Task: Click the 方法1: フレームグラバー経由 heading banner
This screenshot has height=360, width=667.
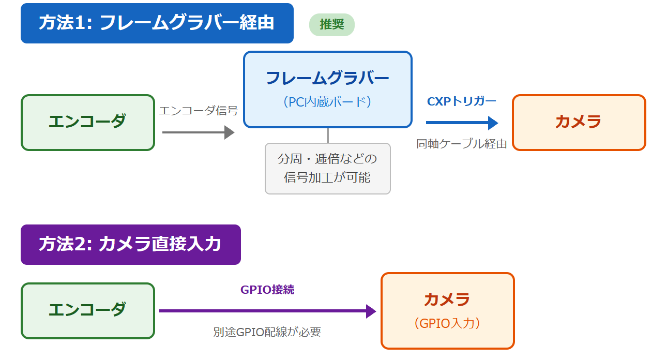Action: pyautogui.click(x=157, y=23)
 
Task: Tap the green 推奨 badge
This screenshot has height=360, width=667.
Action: pyautogui.click(x=331, y=25)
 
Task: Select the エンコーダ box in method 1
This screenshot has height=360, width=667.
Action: pyautogui.click(x=87, y=123)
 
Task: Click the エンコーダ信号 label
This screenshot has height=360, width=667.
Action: pyautogui.click(x=198, y=110)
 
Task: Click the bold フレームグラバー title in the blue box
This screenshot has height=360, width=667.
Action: pyautogui.click(x=327, y=78)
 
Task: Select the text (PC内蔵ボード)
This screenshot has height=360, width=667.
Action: pyautogui.click(x=327, y=101)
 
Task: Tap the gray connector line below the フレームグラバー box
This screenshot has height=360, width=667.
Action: pyautogui.click(x=328, y=135)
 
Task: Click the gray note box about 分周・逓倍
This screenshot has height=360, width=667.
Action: pyautogui.click(x=327, y=168)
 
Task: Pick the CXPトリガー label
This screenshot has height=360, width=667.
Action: pyautogui.click(x=461, y=101)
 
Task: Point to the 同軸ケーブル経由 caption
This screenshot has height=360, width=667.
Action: pyautogui.click(x=461, y=144)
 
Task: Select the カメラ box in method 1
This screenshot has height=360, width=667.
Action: pyautogui.click(x=579, y=123)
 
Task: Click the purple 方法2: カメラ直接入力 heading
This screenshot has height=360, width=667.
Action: pyautogui.click(x=130, y=245)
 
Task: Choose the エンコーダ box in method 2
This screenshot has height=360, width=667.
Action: pyautogui.click(x=87, y=310)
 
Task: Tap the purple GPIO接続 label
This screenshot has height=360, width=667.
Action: pyautogui.click(x=267, y=290)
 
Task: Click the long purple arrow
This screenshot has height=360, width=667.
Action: pyautogui.click(x=267, y=311)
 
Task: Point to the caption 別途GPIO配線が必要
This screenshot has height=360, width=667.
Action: pyautogui.click(x=267, y=332)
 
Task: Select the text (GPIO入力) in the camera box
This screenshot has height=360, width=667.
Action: pyautogui.click(x=447, y=323)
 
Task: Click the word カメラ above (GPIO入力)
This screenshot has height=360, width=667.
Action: pyautogui.click(x=447, y=299)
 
